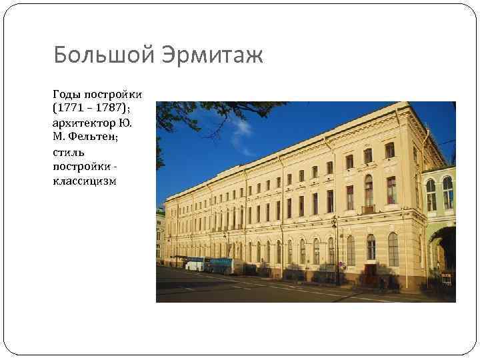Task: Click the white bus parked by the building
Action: click(194, 264)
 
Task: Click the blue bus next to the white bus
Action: click(219, 265)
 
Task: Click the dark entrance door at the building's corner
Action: click(371, 273)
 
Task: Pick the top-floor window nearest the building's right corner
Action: click(389, 150)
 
